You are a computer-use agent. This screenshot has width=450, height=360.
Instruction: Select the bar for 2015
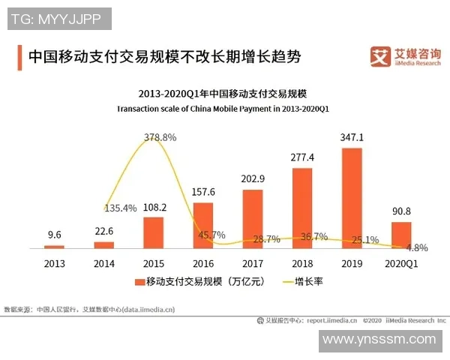point(153,232)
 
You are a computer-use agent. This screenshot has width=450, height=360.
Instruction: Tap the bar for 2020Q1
point(401,234)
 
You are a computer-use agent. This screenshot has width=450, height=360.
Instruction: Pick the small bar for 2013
point(55,246)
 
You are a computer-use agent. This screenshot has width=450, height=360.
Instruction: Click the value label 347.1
point(352,138)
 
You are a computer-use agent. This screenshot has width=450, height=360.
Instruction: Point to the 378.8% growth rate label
point(159,137)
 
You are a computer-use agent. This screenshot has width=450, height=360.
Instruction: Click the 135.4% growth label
point(120,208)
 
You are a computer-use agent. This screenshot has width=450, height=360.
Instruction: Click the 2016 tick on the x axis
point(202,263)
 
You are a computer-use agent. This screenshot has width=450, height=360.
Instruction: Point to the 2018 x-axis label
point(302,263)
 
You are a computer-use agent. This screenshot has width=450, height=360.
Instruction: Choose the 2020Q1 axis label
point(401,263)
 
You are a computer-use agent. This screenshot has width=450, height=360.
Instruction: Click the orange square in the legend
point(139,283)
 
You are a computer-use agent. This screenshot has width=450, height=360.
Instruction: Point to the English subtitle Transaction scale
point(223,109)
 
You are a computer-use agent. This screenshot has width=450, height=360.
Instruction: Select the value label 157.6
point(202,191)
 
